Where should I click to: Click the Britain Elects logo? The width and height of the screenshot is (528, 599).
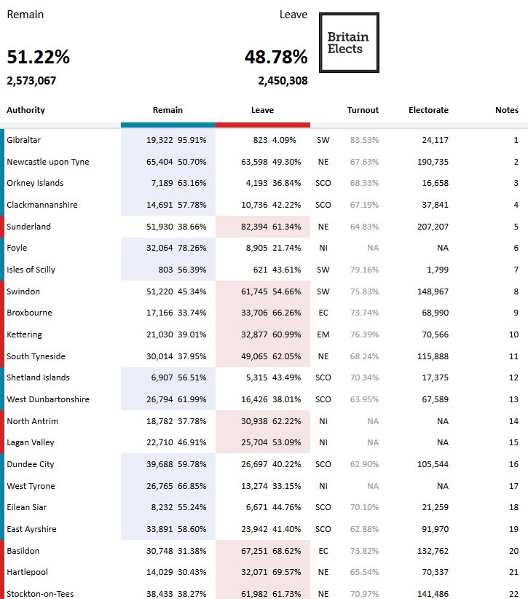[x=349, y=42]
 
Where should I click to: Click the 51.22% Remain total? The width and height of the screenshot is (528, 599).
[x=39, y=57]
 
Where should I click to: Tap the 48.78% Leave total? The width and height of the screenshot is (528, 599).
[x=275, y=57]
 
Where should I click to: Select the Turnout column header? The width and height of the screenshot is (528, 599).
[x=363, y=110]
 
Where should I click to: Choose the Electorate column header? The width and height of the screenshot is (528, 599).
[x=428, y=110]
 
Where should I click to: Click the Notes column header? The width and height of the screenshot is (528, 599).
[x=507, y=110]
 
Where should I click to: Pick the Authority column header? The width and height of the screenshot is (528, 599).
[x=25, y=110]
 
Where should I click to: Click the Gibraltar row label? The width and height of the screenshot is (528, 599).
[x=24, y=140]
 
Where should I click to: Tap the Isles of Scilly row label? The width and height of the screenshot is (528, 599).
[x=31, y=270]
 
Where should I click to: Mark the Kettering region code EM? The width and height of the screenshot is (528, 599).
[x=323, y=334]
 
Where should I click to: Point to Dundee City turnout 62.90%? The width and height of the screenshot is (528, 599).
[x=364, y=464]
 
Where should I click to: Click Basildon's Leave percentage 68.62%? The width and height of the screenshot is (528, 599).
[x=285, y=551]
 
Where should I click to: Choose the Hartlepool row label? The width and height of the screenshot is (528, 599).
[x=26, y=572]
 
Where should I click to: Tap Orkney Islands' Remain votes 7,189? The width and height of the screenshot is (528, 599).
[x=162, y=183]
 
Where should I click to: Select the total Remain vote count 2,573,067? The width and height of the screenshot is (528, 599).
[x=31, y=81]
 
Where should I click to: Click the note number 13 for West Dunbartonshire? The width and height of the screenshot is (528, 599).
[x=513, y=399]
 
